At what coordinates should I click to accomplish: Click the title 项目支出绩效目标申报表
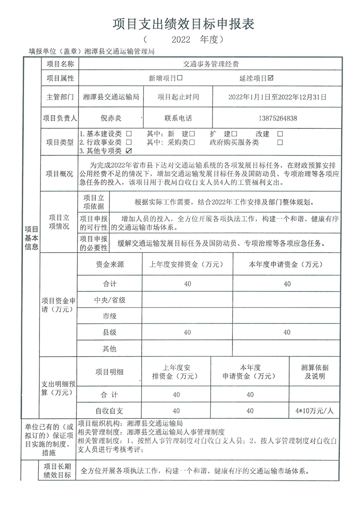click(x=183, y=24)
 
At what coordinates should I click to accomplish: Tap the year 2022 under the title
click(x=181, y=40)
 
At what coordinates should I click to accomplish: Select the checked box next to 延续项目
click(x=271, y=78)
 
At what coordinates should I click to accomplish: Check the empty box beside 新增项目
click(x=180, y=78)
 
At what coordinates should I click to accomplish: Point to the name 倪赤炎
click(x=111, y=118)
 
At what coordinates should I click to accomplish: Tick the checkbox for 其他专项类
click(x=129, y=151)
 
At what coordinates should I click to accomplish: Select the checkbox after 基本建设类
click(x=129, y=134)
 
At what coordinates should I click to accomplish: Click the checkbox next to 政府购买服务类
click(x=280, y=142)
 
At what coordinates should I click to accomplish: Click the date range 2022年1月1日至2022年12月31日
click(x=277, y=97)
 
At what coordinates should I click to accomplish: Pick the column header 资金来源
click(x=109, y=264)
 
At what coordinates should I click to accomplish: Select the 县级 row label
click(x=109, y=332)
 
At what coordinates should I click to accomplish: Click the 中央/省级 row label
click(x=109, y=299)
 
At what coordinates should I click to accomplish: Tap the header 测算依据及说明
click(x=314, y=372)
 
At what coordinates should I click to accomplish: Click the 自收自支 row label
click(x=109, y=411)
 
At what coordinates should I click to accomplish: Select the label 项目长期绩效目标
click(x=57, y=470)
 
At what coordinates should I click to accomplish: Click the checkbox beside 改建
click(x=280, y=134)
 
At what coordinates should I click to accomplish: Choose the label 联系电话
click(x=178, y=118)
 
